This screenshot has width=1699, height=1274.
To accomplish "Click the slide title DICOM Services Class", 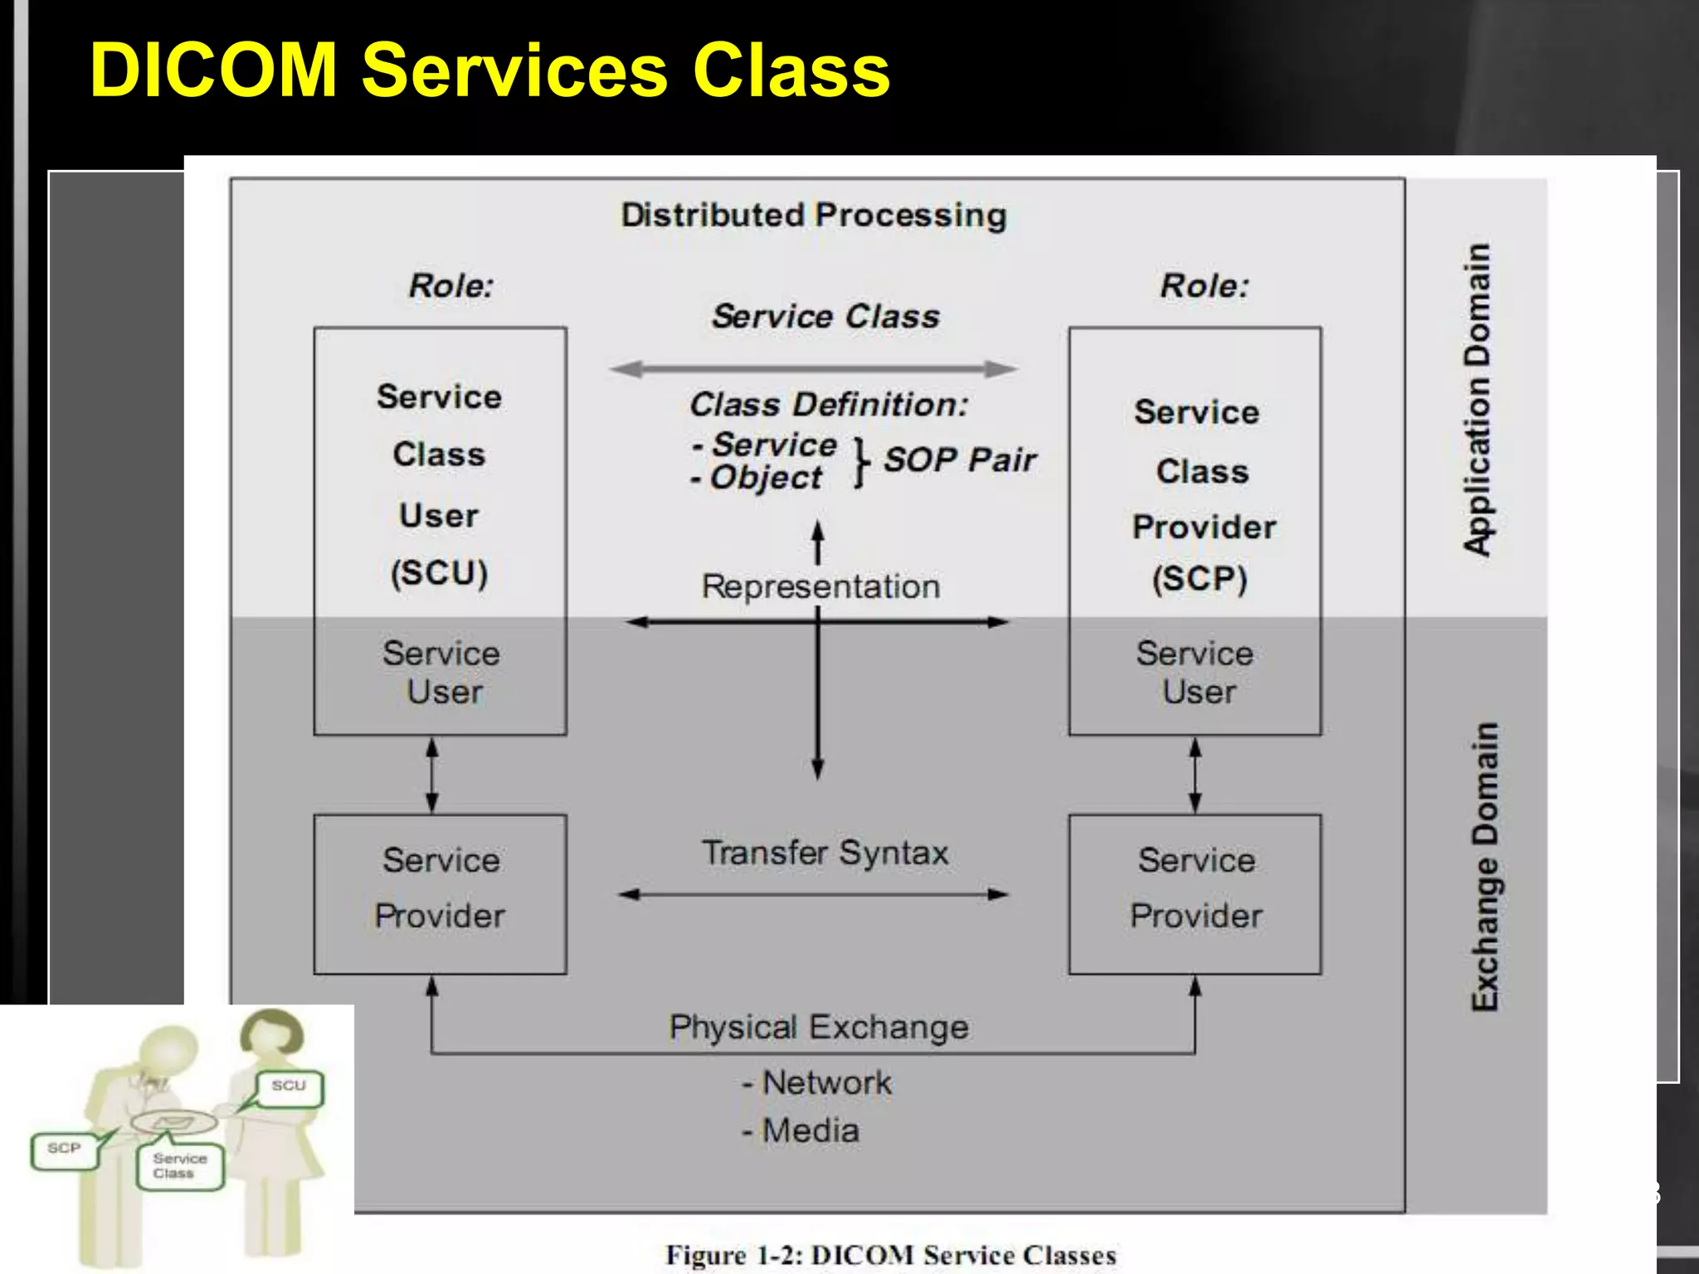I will coord(489,71).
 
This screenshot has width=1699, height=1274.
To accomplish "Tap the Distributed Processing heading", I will coord(814,216).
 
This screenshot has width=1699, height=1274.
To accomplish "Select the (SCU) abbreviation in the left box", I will coord(439,573).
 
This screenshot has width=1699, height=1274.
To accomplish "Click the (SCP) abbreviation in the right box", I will coord(1200,579).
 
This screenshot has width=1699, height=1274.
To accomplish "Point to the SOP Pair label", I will coord(959,460).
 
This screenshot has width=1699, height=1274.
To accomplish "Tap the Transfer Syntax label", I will coord(825,853).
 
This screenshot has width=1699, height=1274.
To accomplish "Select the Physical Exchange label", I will coord(819,1028).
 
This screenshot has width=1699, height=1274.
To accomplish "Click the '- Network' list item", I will coord(816,1083).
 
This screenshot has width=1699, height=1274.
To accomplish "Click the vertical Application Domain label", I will coord(1478,398).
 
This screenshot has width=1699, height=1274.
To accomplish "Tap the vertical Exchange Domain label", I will coord(1484,867).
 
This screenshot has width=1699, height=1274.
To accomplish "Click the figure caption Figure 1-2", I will coord(890,1255).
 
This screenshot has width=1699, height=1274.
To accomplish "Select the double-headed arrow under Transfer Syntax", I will coord(814,894).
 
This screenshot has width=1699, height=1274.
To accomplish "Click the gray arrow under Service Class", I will coord(814,369).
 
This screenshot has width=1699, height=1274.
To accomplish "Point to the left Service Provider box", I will coord(440,894).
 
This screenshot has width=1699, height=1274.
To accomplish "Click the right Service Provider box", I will coord(1195,894).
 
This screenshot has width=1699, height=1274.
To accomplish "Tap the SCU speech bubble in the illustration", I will coord(289,1087).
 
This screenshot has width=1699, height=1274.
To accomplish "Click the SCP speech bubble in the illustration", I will coord(64,1150).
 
